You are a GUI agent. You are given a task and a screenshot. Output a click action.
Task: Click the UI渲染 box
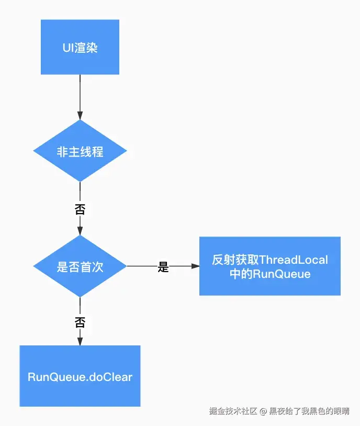coord(80,47)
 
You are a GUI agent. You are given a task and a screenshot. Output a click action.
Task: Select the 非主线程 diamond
coord(80,151)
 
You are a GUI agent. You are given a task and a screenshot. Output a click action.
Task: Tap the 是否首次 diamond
coord(80,266)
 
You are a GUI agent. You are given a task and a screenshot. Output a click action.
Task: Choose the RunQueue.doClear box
coord(80,376)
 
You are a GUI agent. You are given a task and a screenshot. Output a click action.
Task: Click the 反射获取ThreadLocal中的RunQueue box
coord(270,266)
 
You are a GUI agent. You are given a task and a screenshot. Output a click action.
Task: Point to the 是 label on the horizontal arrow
coord(163,267)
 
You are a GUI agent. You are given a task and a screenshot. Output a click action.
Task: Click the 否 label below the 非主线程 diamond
coord(80,209)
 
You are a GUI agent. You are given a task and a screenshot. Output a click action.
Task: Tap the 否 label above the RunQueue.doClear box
coord(80,321)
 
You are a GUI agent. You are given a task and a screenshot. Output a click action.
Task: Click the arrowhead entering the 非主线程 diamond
coord(80,116)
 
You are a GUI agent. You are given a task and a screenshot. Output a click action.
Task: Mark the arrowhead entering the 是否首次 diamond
coord(80,231)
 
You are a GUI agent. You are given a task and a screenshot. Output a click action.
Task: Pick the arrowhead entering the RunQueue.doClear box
coord(80,341)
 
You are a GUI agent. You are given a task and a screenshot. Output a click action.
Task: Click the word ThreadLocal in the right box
coord(294,260)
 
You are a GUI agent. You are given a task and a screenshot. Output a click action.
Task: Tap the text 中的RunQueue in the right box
coord(270,274)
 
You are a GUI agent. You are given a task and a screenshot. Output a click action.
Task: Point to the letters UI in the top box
coord(66,48)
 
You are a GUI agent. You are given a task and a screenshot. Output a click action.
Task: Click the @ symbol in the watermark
coord(263,411)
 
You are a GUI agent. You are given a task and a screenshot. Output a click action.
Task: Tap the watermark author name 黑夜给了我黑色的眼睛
coord(309,411)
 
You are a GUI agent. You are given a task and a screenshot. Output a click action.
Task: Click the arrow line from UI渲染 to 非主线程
coord(80,94)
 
